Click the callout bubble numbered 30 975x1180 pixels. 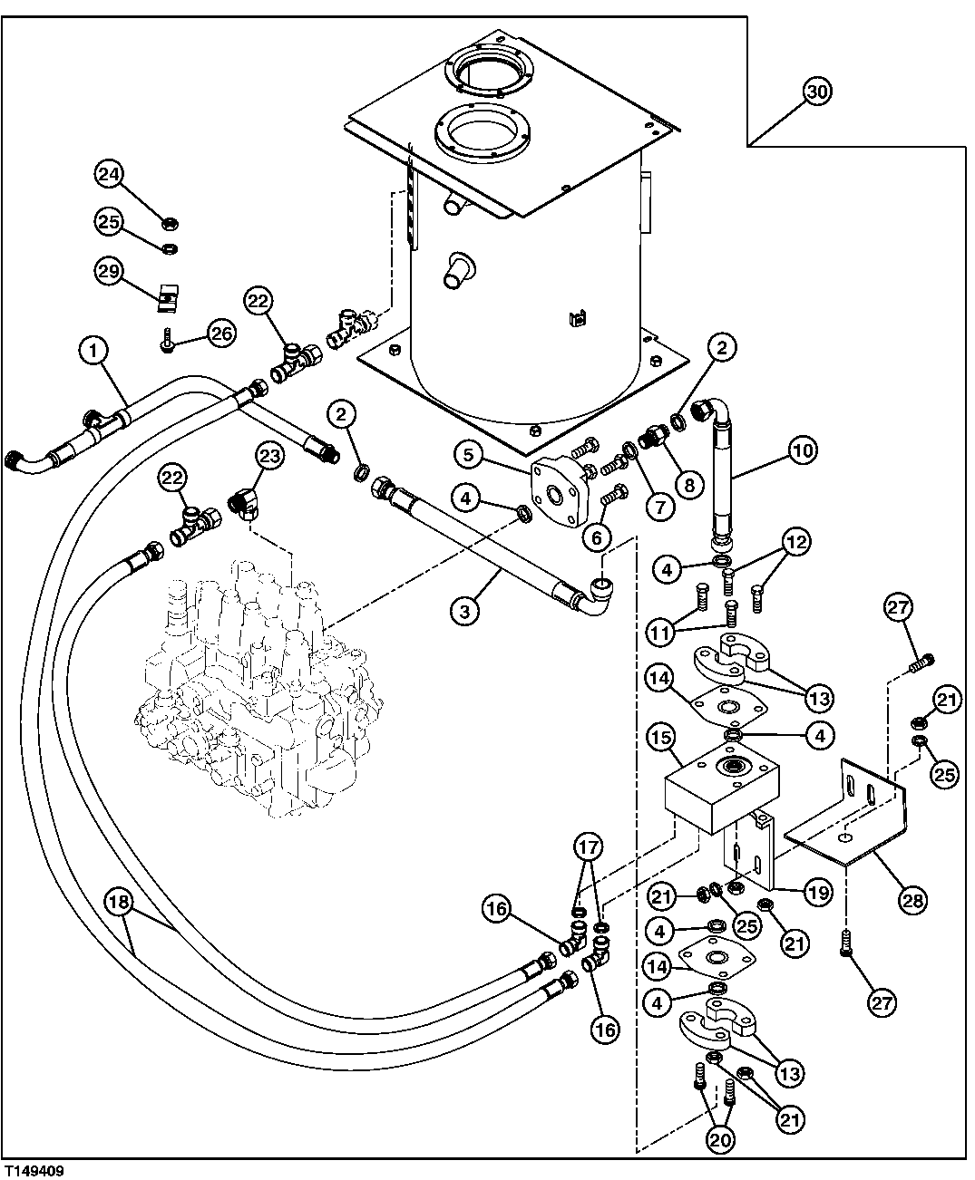(x=817, y=92)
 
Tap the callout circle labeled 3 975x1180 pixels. (x=463, y=611)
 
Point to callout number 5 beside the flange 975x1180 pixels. (x=468, y=455)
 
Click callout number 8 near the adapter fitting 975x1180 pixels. (x=688, y=485)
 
